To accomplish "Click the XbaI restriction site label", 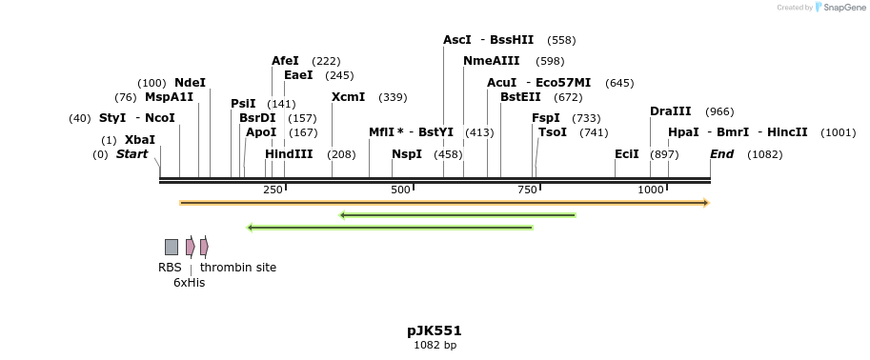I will (x=139, y=139).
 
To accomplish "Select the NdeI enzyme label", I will (x=190, y=83).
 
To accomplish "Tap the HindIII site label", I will (x=289, y=154).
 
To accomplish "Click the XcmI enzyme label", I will (x=348, y=97).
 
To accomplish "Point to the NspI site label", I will (x=407, y=154).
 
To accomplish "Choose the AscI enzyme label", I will (x=457, y=40).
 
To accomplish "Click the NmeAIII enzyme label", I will (x=491, y=61).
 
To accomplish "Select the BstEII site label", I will (x=520, y=97).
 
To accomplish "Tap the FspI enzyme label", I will (x=545, y=118).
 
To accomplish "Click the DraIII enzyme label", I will (x=670, y=111).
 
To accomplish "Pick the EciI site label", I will (x=627, y=154).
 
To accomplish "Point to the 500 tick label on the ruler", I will (x=400, y=190).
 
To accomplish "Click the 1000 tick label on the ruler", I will (x=650, y=190).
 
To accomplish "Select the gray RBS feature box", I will (x=172, y=247).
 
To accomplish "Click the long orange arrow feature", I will (x=443, y=203).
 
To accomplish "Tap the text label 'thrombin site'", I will (x=238, y=268).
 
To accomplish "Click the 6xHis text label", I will (x=189, y=283).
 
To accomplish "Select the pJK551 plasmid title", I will (x=435, y=330).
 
